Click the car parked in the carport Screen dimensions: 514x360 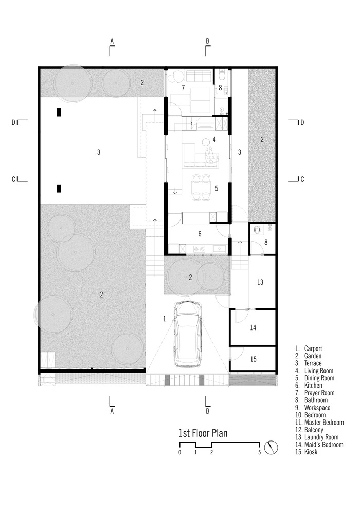pos(188,334)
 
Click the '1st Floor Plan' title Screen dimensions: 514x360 pos(203,433)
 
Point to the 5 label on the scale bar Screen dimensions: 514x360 pos(260,453)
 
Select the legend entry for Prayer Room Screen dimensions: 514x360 pos(315,393)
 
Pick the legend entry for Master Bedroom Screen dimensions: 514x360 pos(318,422)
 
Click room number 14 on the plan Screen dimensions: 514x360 pos(253,327)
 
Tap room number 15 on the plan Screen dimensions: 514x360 pos(253,359)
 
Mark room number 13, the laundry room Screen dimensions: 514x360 pos(260,282)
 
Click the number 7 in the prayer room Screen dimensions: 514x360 pos(183,88)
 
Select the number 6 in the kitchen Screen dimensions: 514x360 pos(200,234)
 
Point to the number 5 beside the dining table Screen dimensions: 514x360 pos(217,189)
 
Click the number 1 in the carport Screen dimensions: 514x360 pos(165,319)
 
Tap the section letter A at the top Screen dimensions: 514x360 pos(112,40)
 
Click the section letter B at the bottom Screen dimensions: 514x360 pos(208,411)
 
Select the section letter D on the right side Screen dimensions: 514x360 pos(302,122)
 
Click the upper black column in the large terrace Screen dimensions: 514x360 pos(59,112)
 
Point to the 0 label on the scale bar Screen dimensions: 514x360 pos(179,453)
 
